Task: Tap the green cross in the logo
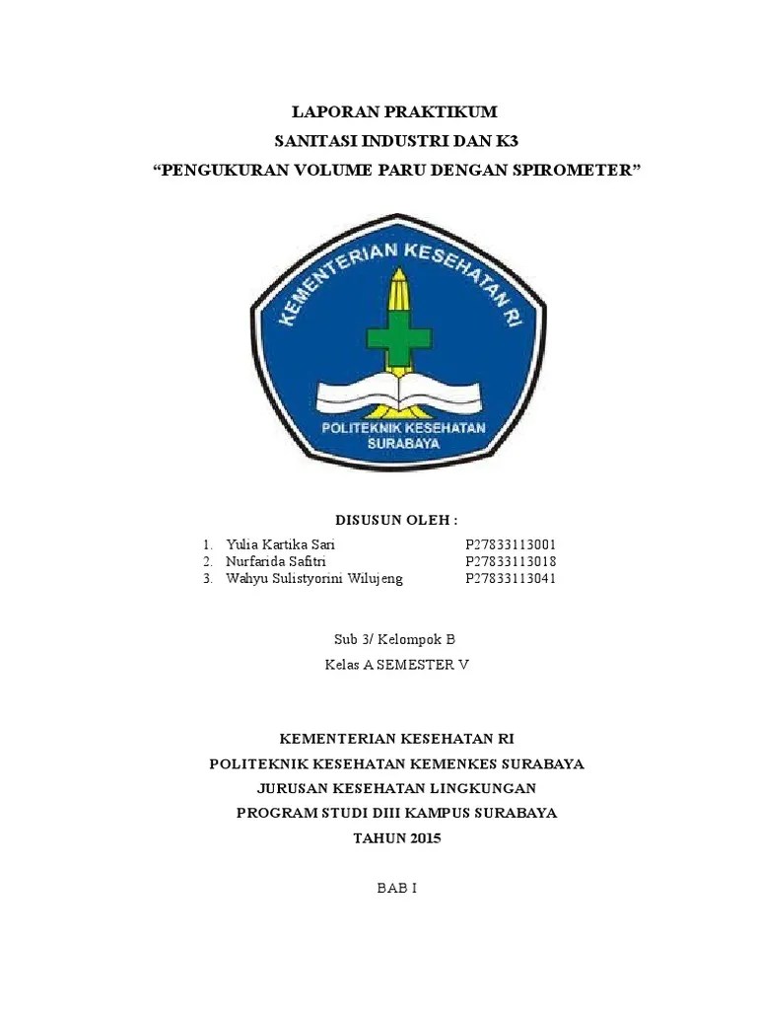pos(398,337)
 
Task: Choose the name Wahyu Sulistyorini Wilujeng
pos(314,578)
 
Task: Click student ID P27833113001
pos(511,544)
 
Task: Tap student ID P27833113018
pos(511,561)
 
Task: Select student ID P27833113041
pos(511,578)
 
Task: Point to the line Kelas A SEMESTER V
pos(396,664)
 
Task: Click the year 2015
pos(425,838)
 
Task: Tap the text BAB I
pos(397,888)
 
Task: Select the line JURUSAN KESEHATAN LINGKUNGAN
pos(396,788)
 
